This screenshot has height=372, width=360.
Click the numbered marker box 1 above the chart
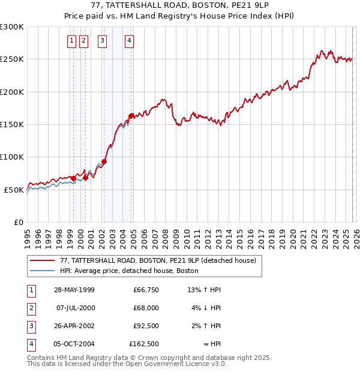(72, 41)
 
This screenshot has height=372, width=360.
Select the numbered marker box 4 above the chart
(130, 41)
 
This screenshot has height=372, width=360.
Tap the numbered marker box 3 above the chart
(103, 41)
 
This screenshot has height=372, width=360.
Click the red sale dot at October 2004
(131, 116)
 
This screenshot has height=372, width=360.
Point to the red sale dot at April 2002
(104, 161)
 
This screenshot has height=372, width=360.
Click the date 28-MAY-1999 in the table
(74, 290)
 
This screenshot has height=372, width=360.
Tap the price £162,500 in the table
(144, 344)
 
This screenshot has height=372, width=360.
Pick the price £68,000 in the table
(146, 308)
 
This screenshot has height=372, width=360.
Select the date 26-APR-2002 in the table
(74, 326)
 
